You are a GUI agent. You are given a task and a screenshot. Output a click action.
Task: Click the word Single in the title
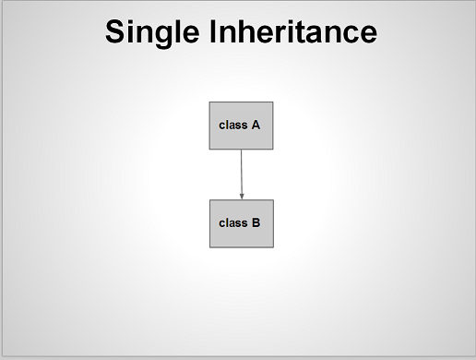pos(148,32)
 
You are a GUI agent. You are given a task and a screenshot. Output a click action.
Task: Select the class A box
pos(241,126)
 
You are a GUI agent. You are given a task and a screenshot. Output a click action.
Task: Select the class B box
pos(242,222)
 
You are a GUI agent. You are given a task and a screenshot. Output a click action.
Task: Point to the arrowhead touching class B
pos(242,195)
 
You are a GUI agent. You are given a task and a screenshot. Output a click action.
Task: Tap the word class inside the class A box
pos(233,125)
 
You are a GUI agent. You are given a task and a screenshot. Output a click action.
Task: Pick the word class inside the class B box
pos(233,222)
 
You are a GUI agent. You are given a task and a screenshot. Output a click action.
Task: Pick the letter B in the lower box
pos(256,222)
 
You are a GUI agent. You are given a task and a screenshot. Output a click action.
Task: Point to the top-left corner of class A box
pos(209,102)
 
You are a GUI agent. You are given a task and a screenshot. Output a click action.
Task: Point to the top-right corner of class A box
pos(273,102)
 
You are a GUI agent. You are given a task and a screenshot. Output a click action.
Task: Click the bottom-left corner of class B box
pos(210,246)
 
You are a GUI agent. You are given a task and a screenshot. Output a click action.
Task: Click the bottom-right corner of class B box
pos(274,246)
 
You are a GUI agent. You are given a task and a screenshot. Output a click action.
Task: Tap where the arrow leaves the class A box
pos(241,150)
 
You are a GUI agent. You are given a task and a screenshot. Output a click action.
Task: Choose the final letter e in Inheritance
pos(367,35)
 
